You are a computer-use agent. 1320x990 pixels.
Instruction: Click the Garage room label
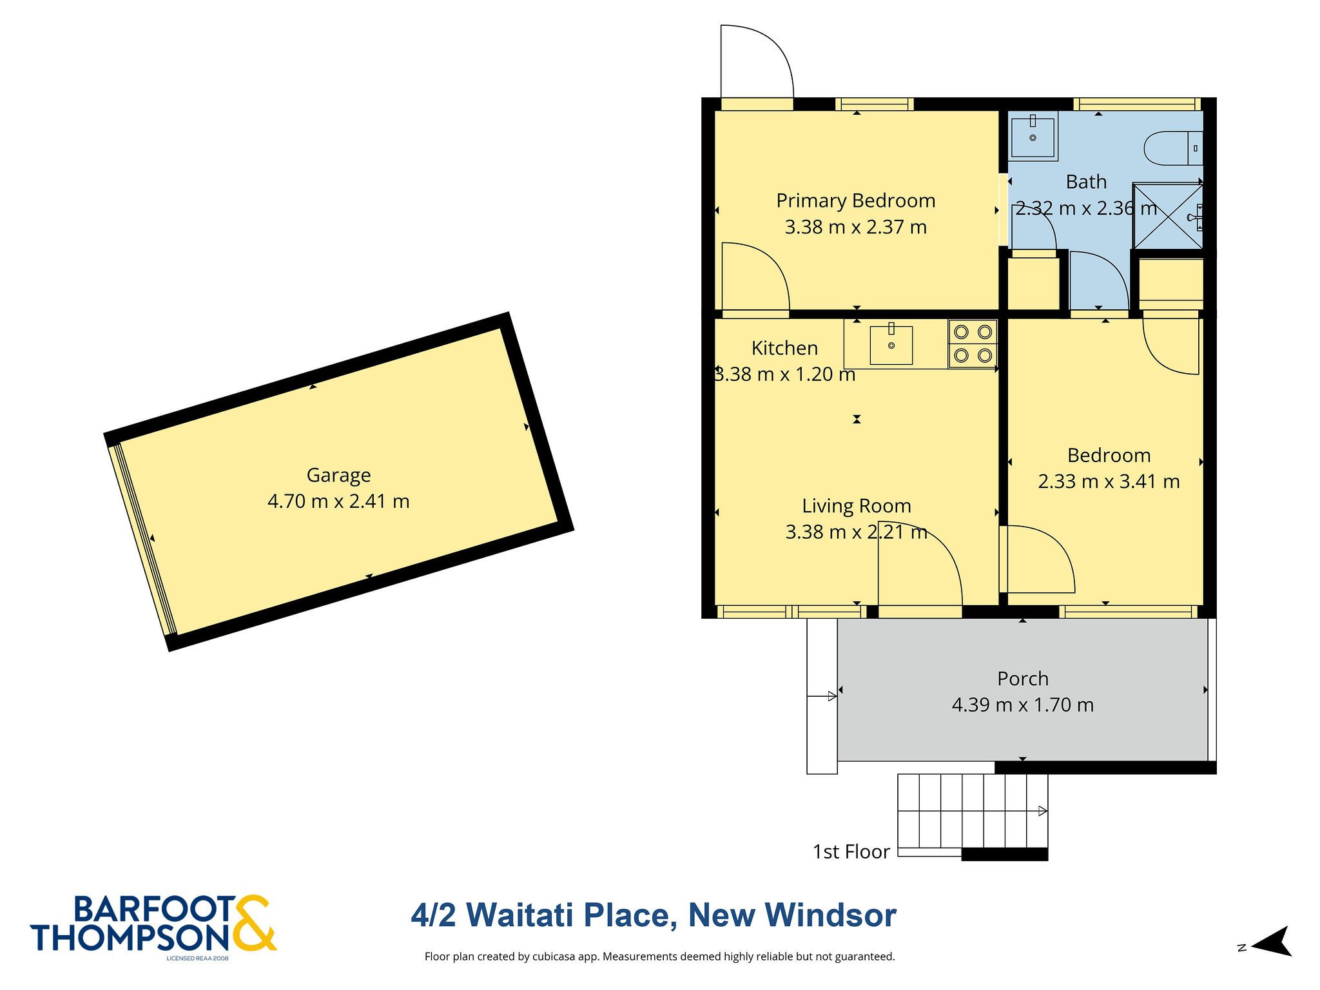click(x=338, y=476)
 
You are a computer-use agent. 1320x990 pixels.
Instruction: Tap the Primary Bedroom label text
click(x=855, y=201)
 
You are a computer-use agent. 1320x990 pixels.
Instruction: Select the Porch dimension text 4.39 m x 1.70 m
click(x=1023, y=704)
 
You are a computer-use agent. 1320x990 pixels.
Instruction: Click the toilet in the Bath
click(x=1173, y=148)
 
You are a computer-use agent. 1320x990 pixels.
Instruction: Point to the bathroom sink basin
click(x=1033, y=135)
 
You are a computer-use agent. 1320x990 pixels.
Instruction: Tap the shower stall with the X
click(x=1168, y=216)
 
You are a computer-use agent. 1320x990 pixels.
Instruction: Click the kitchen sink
click(x=891, y=344)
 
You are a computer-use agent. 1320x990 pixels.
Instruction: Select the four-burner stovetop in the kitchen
click(x=973, y=344)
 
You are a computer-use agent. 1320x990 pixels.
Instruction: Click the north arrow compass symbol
click(x=1272, y=942)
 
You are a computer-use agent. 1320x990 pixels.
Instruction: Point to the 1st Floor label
click(x=851, y=851)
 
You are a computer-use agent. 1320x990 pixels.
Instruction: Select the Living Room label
click(x=857, y=506)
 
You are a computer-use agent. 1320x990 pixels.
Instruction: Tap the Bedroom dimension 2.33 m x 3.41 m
click(x=1109, y=481)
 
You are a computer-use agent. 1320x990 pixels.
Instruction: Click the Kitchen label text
click(x=784, y=348)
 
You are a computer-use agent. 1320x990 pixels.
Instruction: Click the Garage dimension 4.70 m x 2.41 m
click(x=338, y=501)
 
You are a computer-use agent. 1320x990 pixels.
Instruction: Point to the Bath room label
click(x=1086, y=182)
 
